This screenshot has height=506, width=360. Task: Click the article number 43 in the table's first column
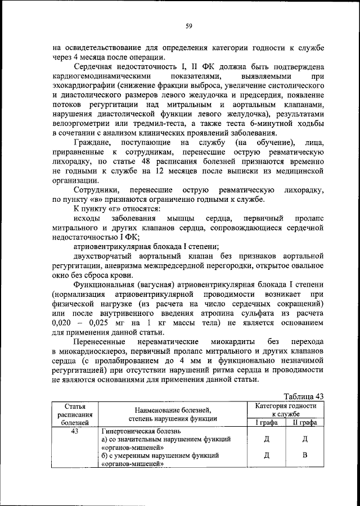(x=74, y=431)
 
